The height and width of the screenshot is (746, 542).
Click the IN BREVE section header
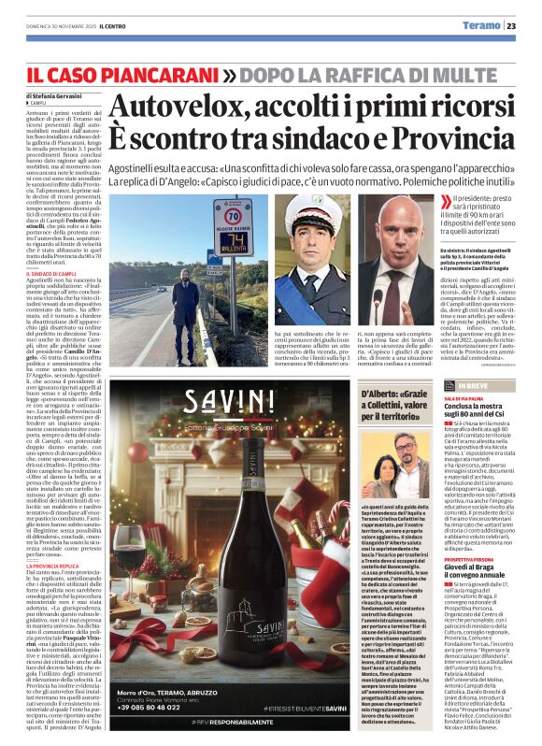(x=486, y=385)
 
